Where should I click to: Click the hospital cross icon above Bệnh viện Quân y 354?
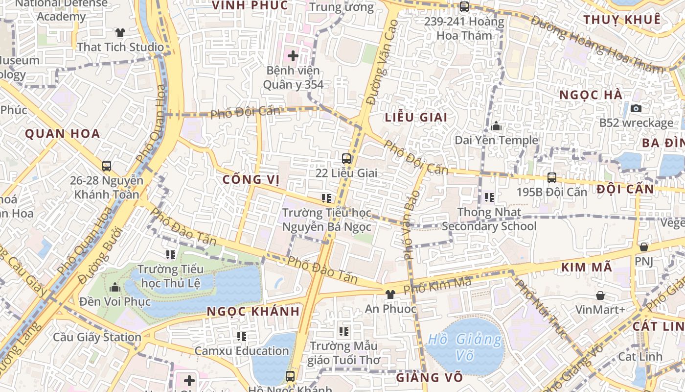[293, 56]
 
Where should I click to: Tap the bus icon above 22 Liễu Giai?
[346, 158]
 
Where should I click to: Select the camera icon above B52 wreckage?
[636, 108]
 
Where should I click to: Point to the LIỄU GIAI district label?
[416, 118]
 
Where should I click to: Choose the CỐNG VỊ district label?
[251, 180]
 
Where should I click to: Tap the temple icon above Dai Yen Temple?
[496, 126]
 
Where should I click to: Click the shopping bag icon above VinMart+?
[600, 295]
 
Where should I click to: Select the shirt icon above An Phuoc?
[390, 294]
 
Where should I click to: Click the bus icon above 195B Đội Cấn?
[552, 178]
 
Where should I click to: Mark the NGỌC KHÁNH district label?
[253, 312]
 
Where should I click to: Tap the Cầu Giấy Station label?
[97, 337]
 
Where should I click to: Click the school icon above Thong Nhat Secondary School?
[489, 197]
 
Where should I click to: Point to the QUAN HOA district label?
[62, 134]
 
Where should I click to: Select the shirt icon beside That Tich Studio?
[120, 33]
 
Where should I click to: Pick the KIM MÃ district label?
[586, 268]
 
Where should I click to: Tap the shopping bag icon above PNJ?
[644, 246]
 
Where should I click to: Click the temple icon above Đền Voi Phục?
[115, 287]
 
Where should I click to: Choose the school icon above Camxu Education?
[241, 337]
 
